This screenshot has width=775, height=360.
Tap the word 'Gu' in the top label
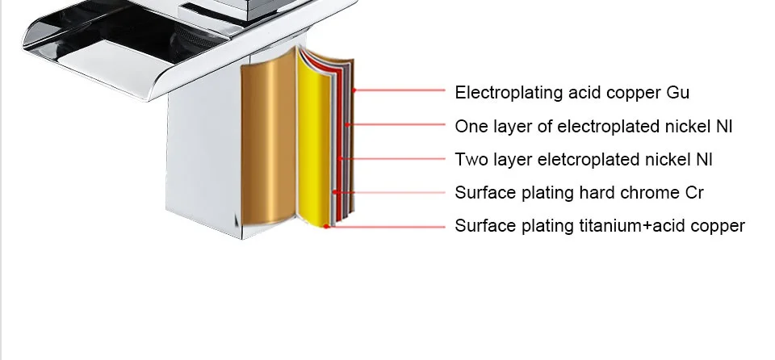[x=677, y=93]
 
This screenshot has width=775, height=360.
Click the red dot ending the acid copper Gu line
[x=354, y=90]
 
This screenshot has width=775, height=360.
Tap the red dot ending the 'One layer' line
[x=347, y=125]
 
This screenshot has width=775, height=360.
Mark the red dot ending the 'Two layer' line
[x=341, y=159]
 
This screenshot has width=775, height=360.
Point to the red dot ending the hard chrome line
[x=334, y=192]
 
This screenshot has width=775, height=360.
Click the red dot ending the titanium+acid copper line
[x=327, y=226]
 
